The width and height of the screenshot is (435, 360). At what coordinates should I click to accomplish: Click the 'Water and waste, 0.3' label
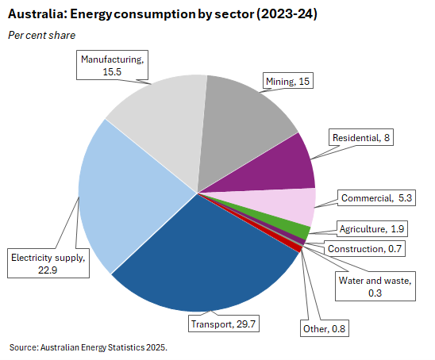(x=375, y=286)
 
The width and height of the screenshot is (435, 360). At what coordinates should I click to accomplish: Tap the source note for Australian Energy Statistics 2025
(x=89, y=347)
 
